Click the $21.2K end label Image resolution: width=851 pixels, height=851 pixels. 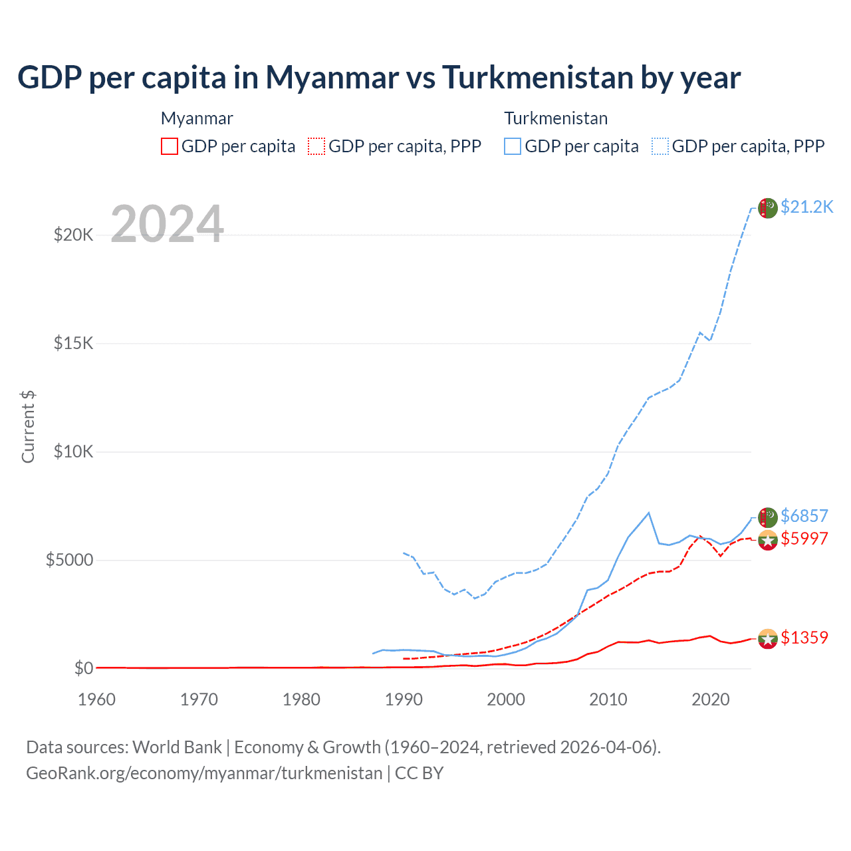[806, 207]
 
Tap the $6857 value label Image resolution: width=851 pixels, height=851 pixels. [804, 516]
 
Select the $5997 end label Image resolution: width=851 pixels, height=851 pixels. [804, 539]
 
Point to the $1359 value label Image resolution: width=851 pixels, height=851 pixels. [804, 638]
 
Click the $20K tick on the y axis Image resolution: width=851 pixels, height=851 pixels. [73, 235]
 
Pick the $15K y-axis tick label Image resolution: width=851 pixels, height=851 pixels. [73, 343]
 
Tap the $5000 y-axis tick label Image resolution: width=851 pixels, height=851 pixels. [69, 560]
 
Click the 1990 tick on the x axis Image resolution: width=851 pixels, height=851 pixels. [404, 699]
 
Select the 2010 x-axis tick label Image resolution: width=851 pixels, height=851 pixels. [608, 699]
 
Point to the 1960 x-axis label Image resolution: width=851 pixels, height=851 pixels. [96, 699]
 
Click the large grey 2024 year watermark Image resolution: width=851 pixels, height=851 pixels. [167, 224]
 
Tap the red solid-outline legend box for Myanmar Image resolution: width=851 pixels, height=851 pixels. [170, 146]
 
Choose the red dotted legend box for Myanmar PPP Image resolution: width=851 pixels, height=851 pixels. [316, 146]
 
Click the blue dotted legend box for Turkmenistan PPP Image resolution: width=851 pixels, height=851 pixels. [660, 146]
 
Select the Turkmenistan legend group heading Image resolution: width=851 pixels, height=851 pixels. [556, 118]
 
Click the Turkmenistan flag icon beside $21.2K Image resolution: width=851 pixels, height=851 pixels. [768, 208]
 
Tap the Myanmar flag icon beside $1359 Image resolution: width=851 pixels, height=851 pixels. [768, 639]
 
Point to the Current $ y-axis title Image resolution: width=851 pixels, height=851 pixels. [28, 427]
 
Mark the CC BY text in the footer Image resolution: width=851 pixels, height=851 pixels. [419, 773]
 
